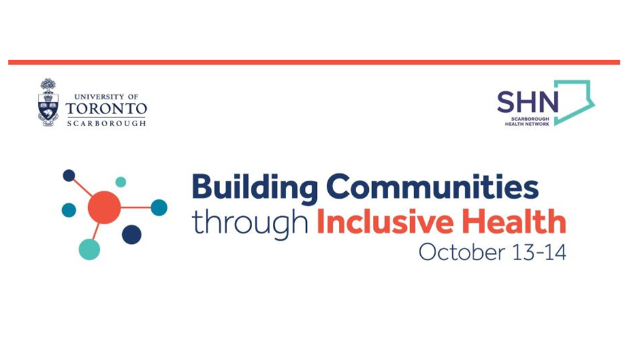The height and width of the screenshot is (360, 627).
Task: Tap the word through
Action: point(250,223)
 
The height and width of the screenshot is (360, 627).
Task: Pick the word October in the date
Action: point(462,253)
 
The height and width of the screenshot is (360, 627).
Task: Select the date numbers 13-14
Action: point(539,253)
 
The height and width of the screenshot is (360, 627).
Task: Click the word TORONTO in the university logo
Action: point(106,109)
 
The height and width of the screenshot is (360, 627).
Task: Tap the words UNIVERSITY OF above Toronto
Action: point(106,97)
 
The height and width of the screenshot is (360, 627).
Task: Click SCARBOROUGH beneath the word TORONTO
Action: point(106,123)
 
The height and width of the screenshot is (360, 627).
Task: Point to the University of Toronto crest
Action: point(48,102)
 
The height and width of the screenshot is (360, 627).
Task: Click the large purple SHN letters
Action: point(528,102)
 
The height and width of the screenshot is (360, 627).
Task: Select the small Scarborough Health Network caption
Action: point(528,121)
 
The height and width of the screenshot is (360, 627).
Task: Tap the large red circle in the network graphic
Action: point(104,207)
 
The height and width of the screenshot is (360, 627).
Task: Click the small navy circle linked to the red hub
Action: point(69,175)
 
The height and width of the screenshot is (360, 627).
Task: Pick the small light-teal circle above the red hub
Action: point(121,182)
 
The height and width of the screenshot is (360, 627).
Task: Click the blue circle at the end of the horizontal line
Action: point(159,207)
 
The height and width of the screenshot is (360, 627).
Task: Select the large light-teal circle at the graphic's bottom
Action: point(89,249)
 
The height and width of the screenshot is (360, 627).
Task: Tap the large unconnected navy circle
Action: point(131,234)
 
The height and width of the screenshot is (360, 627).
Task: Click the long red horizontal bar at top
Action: point(314,62)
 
